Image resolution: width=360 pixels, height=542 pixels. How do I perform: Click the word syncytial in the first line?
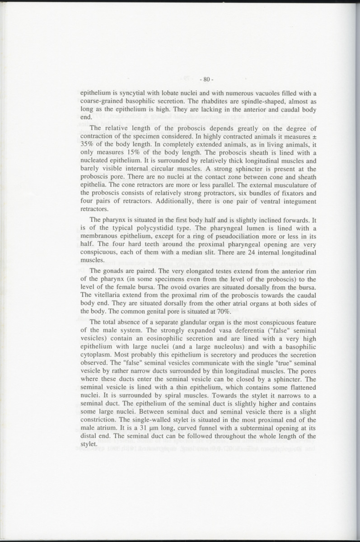134,93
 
